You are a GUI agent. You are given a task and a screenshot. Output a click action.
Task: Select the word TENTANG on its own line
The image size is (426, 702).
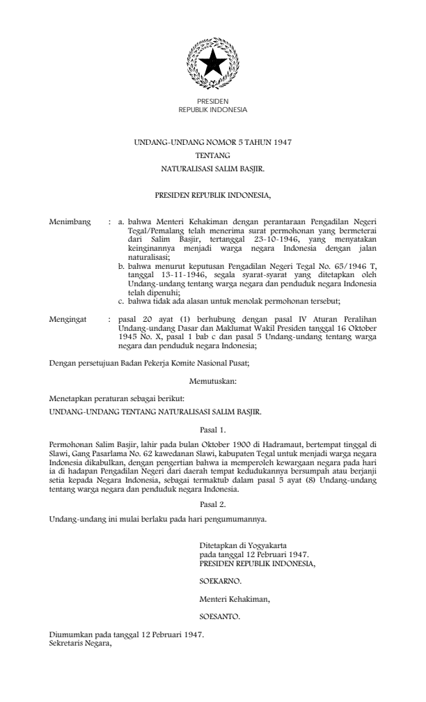point(212,155)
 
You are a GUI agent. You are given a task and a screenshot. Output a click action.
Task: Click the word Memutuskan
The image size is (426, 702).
point(212,381)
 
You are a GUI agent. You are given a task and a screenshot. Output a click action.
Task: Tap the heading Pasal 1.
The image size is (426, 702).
point(212,430)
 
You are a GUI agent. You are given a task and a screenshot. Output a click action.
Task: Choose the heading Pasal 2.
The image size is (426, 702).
point(212,499)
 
